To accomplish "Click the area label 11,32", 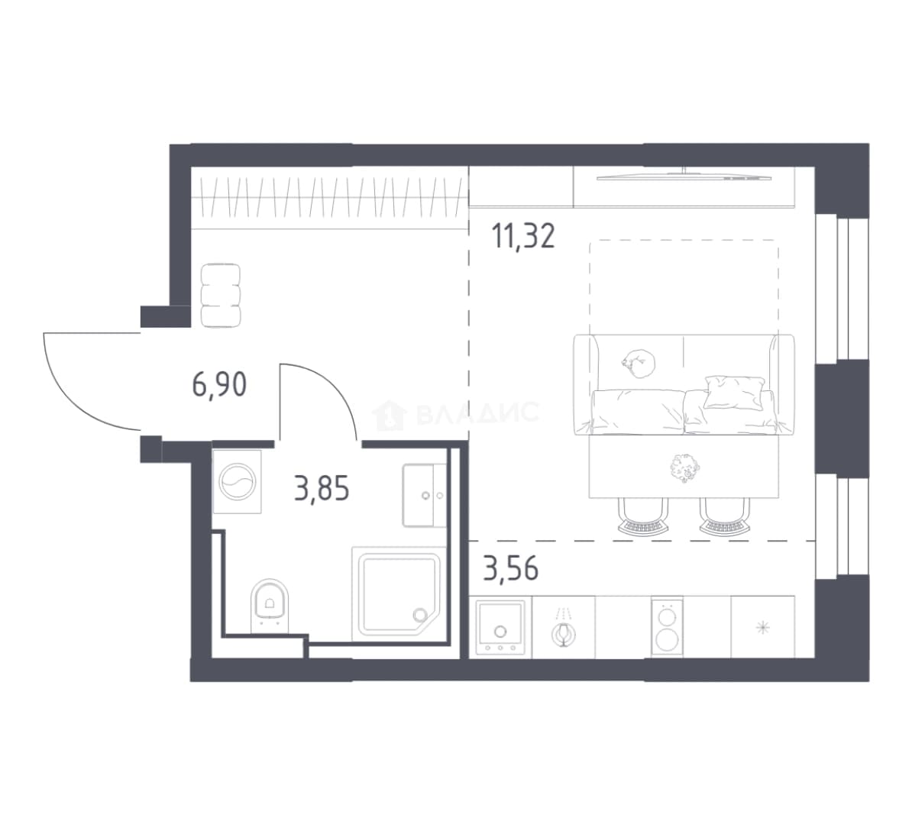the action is click(x=523, y=236).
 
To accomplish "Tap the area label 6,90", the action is click(x=219, y=384).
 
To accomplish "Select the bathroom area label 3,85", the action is click(x=322, y=489).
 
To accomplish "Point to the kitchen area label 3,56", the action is click(x=511, y=568).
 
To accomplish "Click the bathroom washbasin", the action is click(x=425, y=496).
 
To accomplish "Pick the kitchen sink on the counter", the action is click(x=500, y=627).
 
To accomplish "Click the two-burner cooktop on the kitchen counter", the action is click(x=667, y=626).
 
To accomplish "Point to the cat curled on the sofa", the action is click(x=638, y=363).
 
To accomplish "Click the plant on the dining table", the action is click(x=684, y=467).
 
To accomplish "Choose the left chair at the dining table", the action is click(x=642, y=516).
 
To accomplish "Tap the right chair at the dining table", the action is click(x=725, y=516).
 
